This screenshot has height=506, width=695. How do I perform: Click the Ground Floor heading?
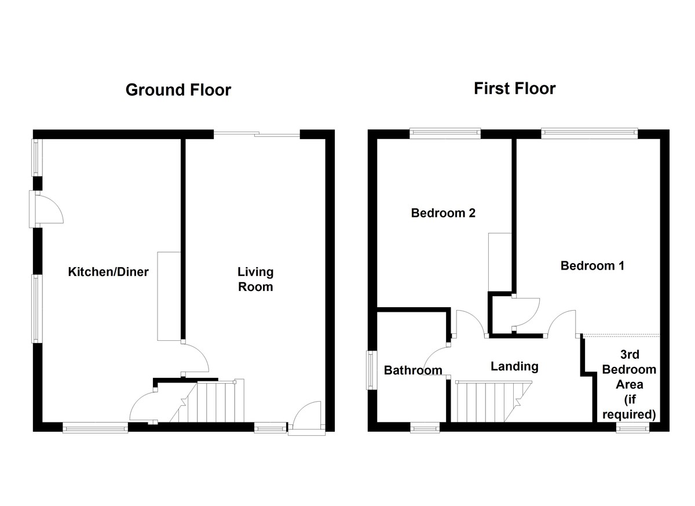(178, 90)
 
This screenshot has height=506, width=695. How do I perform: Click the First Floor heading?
(514, 89)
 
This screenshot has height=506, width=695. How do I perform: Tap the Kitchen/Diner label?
(108, 272)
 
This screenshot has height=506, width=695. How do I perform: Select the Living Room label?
(255, 279)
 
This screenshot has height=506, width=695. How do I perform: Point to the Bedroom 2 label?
(443, 213)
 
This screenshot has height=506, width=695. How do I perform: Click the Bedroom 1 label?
(592, 266)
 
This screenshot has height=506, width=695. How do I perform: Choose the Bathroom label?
(413, 370)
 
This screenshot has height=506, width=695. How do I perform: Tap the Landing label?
(514, 366)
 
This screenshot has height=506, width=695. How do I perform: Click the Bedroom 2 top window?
(445, 133)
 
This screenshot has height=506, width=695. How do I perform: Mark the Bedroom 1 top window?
(589, 133)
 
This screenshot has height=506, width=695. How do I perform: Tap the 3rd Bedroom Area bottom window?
(632, 428)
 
